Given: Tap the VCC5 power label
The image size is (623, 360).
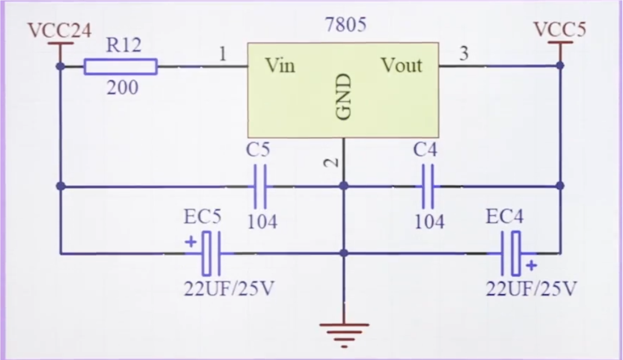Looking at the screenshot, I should (x=559, y=30).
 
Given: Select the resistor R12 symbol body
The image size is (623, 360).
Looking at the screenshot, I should (x=120, y=66).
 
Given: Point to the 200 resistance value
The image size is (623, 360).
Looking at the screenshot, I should (x=123, y=88).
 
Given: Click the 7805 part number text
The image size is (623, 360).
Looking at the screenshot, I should (x=345, y=25).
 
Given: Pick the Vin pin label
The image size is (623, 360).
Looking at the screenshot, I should (x=280, y=65).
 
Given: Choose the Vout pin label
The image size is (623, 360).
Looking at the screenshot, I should (x=402, y=65).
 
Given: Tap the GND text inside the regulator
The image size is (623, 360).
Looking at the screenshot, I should (x=343, y=96).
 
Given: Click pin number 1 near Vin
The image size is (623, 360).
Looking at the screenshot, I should (x=222, y=55).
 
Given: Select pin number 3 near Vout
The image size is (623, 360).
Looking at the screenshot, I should (x=464, y=53).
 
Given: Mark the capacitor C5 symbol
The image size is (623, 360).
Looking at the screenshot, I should (x=260, y=186).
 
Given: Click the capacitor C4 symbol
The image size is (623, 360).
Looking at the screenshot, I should (x=428, y=186).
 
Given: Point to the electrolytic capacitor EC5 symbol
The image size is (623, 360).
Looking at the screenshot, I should (x=211, y=253).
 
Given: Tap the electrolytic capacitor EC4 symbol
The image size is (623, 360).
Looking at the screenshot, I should (x=512, y=253).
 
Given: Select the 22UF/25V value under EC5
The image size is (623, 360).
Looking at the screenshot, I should (x=229, y=289).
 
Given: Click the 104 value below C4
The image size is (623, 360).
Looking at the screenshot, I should (x=429, y=222).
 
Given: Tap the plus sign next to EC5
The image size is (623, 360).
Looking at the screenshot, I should (x=191, y=242).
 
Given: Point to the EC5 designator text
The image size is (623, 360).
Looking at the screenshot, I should (x=203, y=217).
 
